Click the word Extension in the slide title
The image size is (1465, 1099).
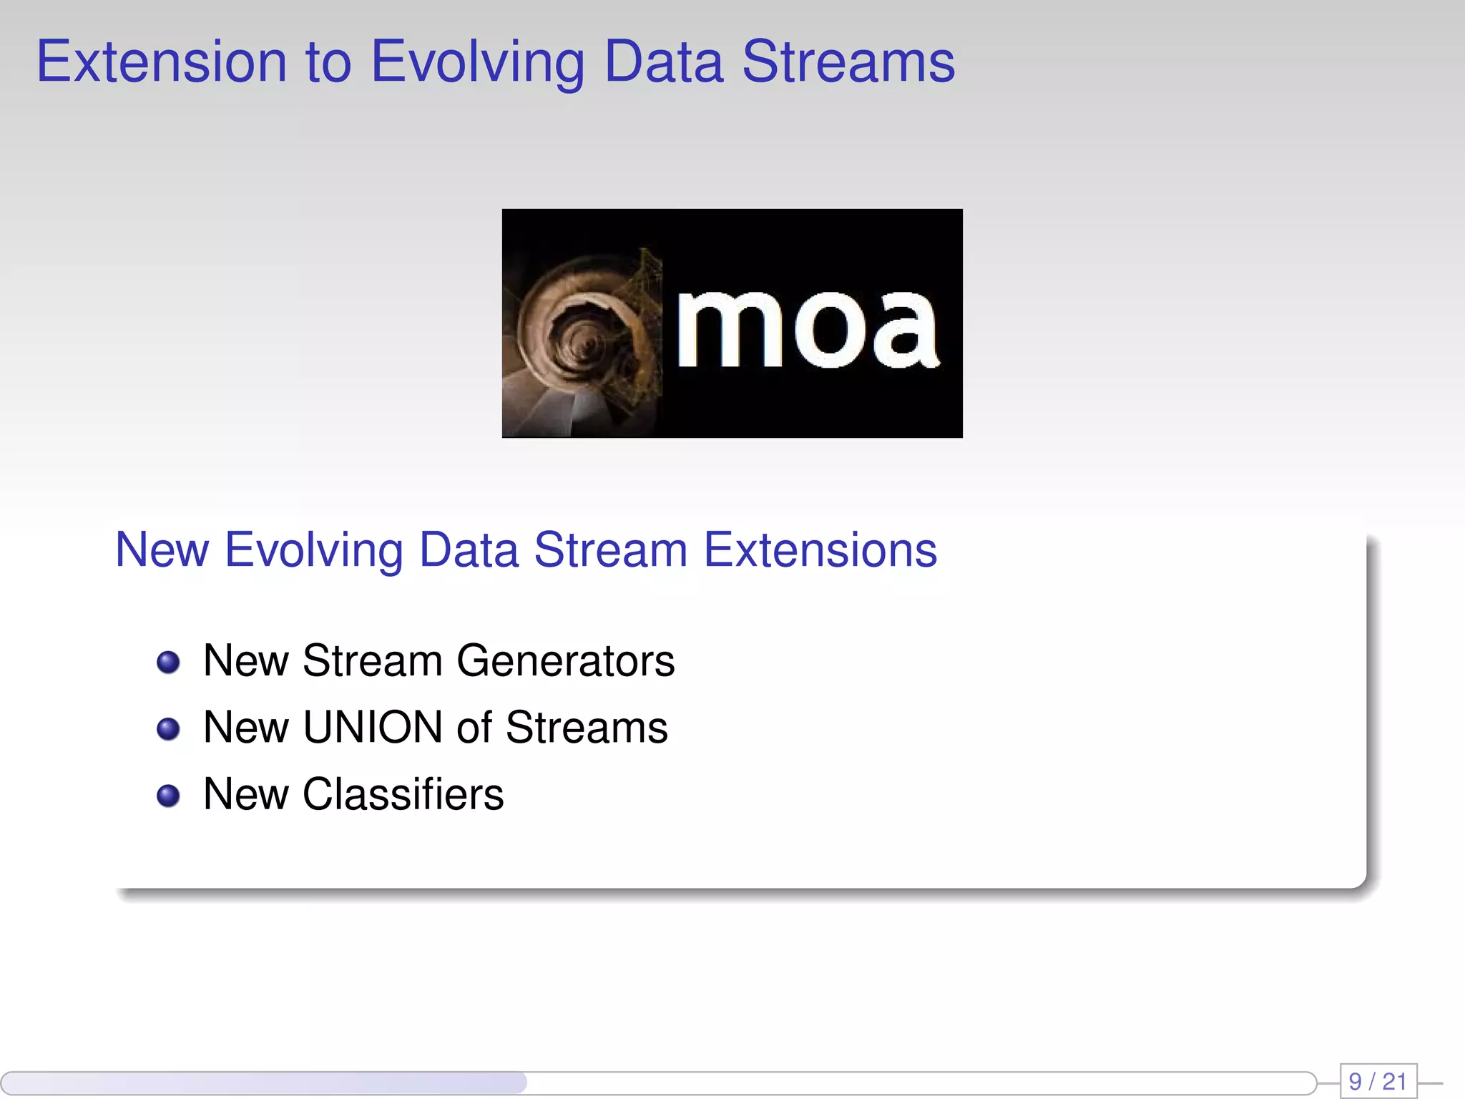162,62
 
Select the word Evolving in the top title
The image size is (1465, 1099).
478,62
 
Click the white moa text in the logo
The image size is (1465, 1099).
807,330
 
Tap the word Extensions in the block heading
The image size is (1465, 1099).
820,550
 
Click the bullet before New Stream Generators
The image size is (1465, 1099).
168,662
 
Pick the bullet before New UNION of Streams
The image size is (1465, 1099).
168,729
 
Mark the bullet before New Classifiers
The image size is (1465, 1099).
168,796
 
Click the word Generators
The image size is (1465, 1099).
565,660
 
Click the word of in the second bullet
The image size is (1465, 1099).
474,728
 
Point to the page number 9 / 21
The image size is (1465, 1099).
1378,1081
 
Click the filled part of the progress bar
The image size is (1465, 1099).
265,1083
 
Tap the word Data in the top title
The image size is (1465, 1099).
663,62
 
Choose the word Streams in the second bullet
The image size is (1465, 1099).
587,728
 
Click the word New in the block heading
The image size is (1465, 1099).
162,550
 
